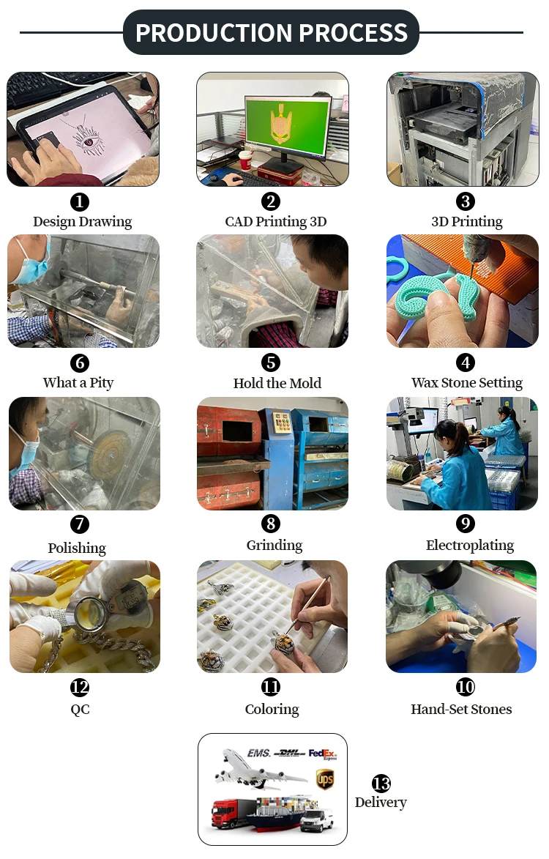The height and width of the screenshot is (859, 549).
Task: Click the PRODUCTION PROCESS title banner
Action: pos(272,32)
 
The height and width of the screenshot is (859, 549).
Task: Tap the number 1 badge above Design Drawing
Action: pos(79,201)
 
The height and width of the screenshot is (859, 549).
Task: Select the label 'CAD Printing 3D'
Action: pos(276,221)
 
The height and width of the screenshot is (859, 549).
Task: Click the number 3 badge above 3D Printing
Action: pos(466,201)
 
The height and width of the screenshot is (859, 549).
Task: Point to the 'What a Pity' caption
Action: pos(78,382)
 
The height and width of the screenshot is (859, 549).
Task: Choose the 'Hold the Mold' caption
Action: pos(277,383)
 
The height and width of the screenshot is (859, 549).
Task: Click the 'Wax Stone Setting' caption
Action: pos(467,382)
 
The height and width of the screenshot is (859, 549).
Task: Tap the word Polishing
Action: pos(77,548)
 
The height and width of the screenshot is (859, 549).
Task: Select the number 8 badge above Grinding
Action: pos(271,524)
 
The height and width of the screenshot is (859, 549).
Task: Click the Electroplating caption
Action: pos(470,545)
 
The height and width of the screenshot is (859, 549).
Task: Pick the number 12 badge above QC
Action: pos(79,687)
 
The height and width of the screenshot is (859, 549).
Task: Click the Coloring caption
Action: pos(272,710)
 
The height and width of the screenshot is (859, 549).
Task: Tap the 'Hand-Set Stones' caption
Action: pos(461,709)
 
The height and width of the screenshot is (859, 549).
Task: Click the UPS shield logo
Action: pos(325,778)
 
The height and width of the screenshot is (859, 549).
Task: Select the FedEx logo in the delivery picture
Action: pos(323,754)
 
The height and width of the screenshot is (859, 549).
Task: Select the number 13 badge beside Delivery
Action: pos(381,784)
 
